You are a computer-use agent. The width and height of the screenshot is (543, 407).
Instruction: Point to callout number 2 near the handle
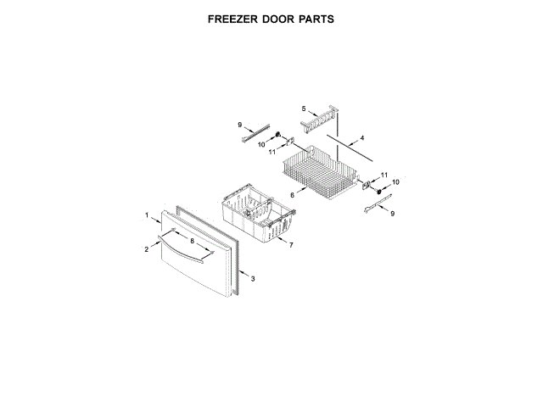pyautogui.click(x=146, y=248)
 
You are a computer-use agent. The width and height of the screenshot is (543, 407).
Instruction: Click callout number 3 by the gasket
pyautogui.click(x=252, y=277)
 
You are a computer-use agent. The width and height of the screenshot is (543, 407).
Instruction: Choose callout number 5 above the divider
pyautogui.click(x=303, y=108)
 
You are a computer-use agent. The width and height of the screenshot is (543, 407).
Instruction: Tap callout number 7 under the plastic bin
pyautogui.click(x=291, y=244)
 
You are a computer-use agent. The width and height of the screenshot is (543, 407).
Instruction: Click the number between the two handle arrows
pyautogui.click(x=192, y=242)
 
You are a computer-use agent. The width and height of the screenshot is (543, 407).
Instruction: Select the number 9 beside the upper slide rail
pyautogui.click(x=240, y=124)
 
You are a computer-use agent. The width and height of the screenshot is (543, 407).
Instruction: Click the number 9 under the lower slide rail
pyautogui.click(x=392, y=214)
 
